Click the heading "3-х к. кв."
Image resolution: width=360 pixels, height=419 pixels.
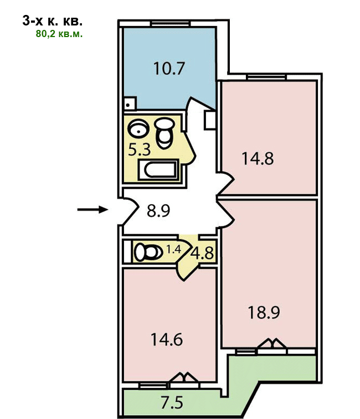(53, 21)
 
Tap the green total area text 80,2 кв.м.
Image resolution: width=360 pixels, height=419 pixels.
(59, 34)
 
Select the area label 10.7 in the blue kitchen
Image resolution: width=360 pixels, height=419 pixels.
(169, 69)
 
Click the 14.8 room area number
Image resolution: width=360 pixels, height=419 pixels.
(258, 158)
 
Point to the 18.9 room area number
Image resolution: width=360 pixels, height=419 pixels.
(264, 313)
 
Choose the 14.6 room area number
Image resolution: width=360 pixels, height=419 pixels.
(167, 340)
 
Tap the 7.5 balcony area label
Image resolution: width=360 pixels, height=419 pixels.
(172, 403)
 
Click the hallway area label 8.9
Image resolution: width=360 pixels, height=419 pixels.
(158, 211)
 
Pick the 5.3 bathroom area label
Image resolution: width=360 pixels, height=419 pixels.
(140, 150)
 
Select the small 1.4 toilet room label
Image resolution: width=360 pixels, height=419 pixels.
(173, 250)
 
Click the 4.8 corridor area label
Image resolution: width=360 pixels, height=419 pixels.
(202, 253)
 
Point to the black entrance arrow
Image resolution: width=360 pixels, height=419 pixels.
(92, 209)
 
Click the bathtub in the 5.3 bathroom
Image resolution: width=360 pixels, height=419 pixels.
(158, 169)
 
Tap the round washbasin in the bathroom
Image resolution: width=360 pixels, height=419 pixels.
(138, 128)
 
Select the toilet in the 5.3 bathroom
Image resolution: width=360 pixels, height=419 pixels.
(164, 133)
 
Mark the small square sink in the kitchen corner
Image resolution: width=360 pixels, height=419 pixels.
(130, 103)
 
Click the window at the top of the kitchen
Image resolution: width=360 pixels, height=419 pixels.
(170, 24)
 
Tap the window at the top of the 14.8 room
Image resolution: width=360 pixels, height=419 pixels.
(266, 77)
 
